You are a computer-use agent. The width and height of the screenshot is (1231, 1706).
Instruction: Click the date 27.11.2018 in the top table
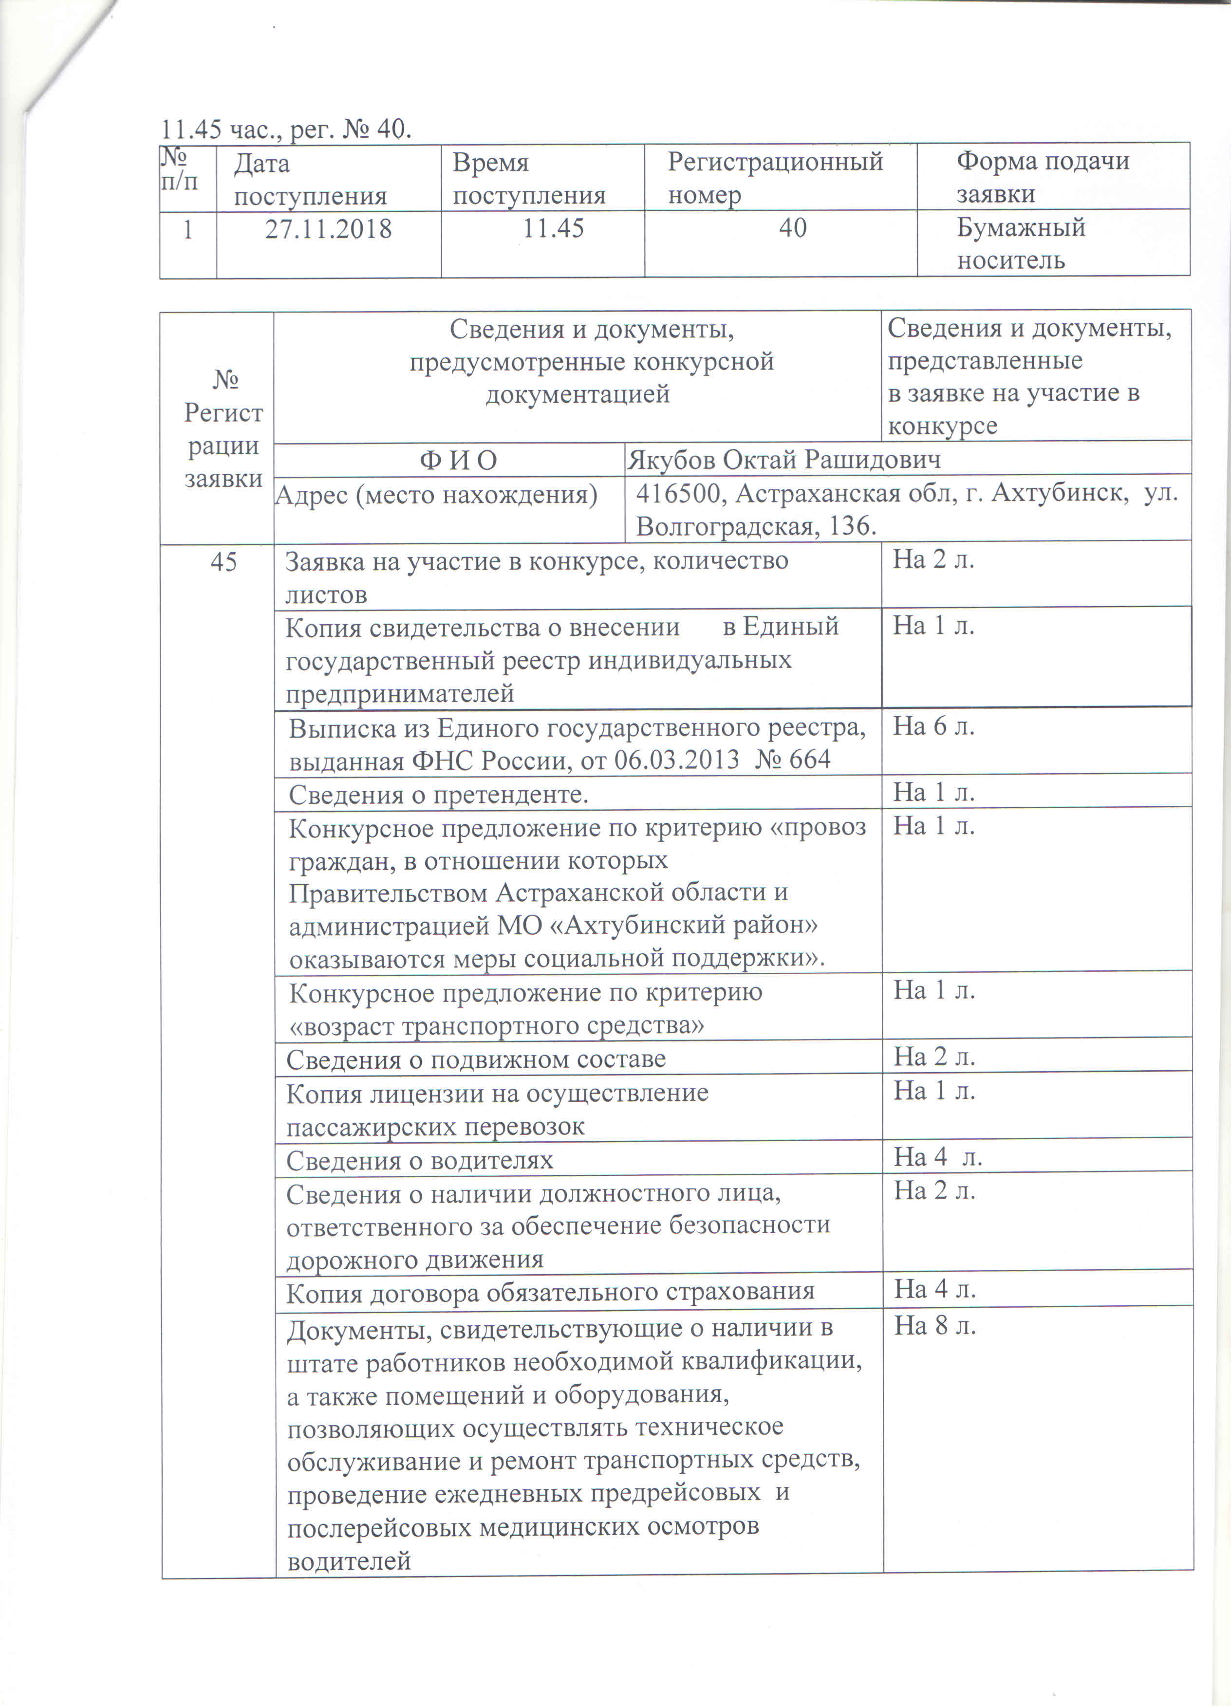(328, 229)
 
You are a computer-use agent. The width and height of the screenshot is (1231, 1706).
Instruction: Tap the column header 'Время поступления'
(529, 179)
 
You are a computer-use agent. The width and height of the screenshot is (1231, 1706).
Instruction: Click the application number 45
(224, 562)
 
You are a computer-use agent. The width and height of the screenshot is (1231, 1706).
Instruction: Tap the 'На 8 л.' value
(934, 1326)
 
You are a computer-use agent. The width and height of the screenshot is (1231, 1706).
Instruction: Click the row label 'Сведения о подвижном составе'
(476, 1059)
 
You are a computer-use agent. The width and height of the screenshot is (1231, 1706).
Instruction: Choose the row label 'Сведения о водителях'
(419, 1161)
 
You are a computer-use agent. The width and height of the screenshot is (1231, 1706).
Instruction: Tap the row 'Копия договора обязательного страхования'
(550, 1292)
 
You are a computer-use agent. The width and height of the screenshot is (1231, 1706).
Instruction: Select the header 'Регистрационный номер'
(775, 178)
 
